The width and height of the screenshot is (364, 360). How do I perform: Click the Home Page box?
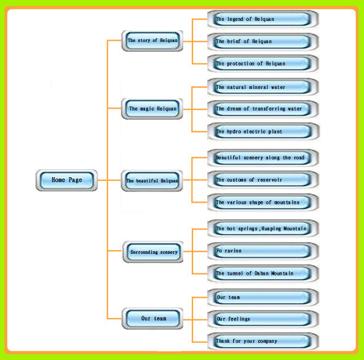pyautogui.click(x=67, y=180)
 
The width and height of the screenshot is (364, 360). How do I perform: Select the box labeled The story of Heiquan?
pyautogui.click(x=152, y=41)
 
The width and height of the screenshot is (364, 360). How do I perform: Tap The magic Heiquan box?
pyautogui.click(x=152, y=109)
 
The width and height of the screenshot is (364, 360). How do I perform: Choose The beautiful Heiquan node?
pyautogui.click(x=152, y=180)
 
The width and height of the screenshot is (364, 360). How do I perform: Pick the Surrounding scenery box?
pyautogui.click(x=153, y=252)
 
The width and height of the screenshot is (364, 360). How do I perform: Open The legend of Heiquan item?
pyautogui.click(x=263, y=19)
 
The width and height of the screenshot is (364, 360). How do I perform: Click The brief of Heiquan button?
pyautogui.click(x=263, y=41)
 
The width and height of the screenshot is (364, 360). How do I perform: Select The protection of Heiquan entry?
pyautogui.click(x=263, y=64)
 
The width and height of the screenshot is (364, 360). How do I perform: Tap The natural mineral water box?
pyautogui.click(x=263, y=87)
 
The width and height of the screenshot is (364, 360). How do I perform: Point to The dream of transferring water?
pyautogui.click(x=263, y=109)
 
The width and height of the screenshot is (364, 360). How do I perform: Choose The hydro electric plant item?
pyautogui.click(x=263, y=132)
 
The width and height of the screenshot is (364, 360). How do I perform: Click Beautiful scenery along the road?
pyautogui.click(x=263, y=157)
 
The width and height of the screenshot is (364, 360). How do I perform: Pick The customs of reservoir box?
pyautogui.click(x=263, y=180)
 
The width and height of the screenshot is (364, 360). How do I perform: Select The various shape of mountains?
pyautogui.click(x=263, y=203)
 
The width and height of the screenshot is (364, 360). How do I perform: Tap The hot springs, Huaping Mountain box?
pyautogui.click(x=263, y=228)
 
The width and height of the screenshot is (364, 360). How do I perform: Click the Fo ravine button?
pyautogui.click(x=263, y=251)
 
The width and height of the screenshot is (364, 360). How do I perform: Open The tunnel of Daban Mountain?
pyautogui.click(x=263, y=274)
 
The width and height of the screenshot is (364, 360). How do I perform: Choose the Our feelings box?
pyautogui.click(x=263, y=319)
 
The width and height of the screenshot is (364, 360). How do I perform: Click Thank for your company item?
pyautogui.click(x=263, y=341)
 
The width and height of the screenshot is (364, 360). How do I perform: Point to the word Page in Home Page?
pyautogui.click(x=75, y=180)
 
